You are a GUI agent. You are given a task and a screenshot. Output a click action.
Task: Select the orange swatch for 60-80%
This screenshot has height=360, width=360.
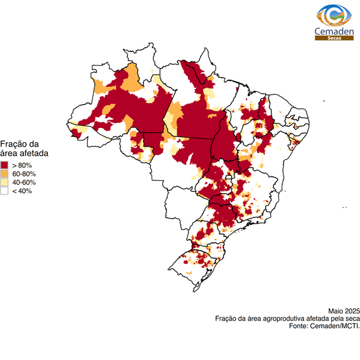(4, 174)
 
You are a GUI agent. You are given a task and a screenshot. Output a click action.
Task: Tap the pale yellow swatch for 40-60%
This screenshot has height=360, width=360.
(4, 182)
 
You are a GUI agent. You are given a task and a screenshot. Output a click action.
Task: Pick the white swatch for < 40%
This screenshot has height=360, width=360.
(4, 191)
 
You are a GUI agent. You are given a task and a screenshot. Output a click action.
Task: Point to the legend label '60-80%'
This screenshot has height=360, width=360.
(24, 174)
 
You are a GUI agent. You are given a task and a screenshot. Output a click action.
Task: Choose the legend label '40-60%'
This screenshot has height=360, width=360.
(24, 182)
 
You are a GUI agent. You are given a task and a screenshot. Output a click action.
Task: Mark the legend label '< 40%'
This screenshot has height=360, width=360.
(22, 191)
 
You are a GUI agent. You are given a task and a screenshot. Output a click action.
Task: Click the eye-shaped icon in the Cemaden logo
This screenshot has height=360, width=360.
(334, 15)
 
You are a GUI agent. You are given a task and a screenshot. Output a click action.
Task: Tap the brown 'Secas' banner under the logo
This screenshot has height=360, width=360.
(334, 38)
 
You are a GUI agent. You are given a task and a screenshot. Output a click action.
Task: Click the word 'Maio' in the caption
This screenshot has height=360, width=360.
(336, 310)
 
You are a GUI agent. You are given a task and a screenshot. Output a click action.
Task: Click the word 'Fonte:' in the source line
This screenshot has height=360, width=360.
(298, 326)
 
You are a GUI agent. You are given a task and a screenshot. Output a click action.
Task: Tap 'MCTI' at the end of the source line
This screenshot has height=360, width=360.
(350, 326)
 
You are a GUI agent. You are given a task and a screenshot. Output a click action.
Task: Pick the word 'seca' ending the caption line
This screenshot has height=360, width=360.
(352, 318)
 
